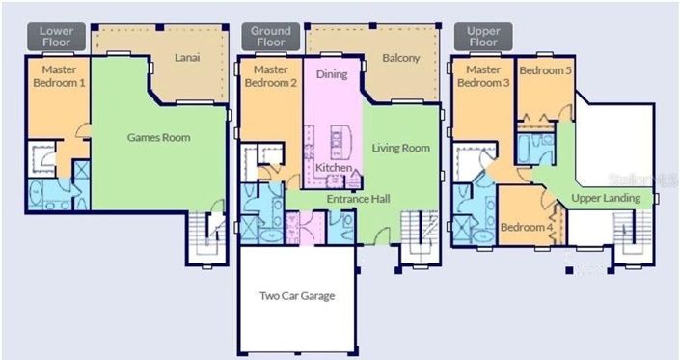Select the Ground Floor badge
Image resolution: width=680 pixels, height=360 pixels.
(271, 36)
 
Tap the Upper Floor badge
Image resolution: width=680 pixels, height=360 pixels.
(483, 36)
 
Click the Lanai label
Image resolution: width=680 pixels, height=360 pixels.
(187, 59)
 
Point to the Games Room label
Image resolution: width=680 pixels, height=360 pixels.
(159, 137)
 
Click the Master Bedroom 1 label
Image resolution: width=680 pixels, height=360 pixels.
(56, 76)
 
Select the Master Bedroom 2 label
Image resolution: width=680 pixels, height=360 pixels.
(271, 76)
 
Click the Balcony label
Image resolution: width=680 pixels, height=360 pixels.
(401, 59)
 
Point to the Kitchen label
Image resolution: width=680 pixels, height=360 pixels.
(334, 168)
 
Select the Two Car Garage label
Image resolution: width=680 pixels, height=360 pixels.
(298, 295)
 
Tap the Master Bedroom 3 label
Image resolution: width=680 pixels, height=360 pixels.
(483, 76)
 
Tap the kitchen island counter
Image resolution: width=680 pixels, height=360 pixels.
(338, 141)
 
